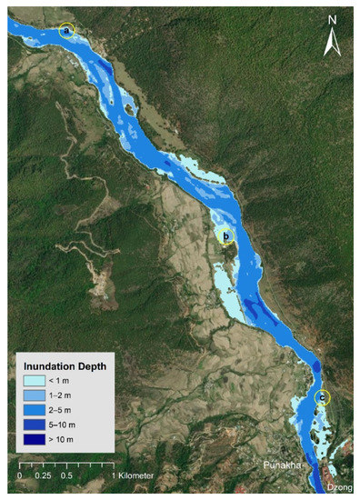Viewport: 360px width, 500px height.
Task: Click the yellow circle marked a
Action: click(x=66, y=31)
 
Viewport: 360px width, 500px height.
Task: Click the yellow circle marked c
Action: click(x=321, y=398)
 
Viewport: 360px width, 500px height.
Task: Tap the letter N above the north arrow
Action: click(x=333, y=18)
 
